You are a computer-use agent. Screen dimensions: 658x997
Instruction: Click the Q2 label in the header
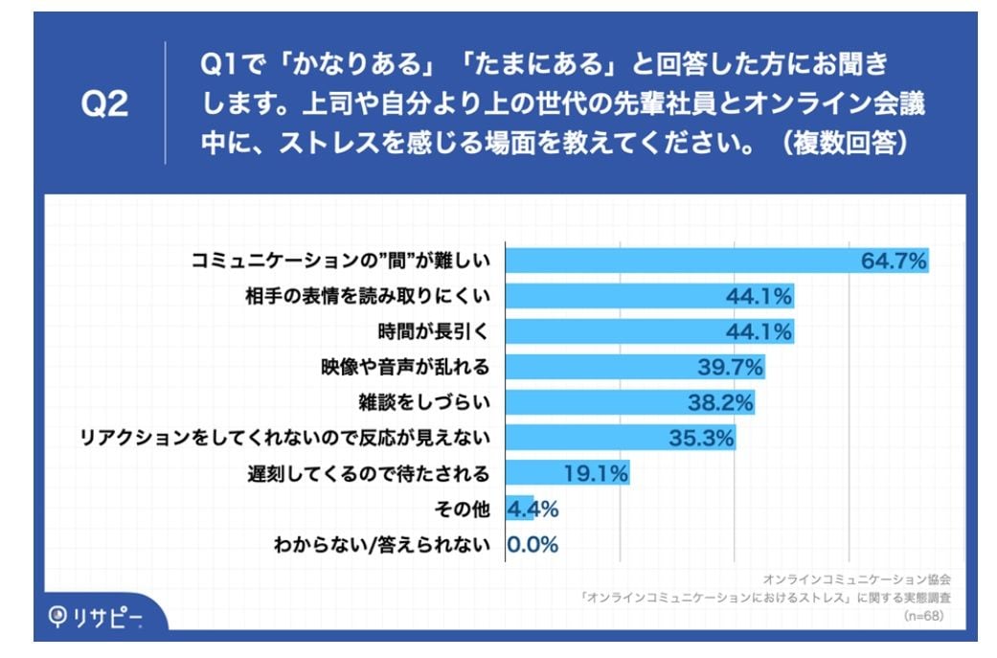103,105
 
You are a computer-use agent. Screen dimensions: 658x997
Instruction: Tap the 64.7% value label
894,261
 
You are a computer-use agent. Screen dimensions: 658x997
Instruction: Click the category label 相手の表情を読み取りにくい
368,296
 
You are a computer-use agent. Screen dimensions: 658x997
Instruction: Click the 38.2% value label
720,402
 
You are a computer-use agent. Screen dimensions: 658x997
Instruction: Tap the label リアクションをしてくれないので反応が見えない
286,438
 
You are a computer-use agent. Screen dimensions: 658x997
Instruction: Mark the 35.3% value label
701,438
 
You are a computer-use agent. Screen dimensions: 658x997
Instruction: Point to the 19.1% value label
595,473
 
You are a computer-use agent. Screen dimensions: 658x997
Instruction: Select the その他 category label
464,509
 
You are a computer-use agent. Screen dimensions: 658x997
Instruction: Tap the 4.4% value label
533,509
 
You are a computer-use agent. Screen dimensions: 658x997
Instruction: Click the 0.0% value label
532,544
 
